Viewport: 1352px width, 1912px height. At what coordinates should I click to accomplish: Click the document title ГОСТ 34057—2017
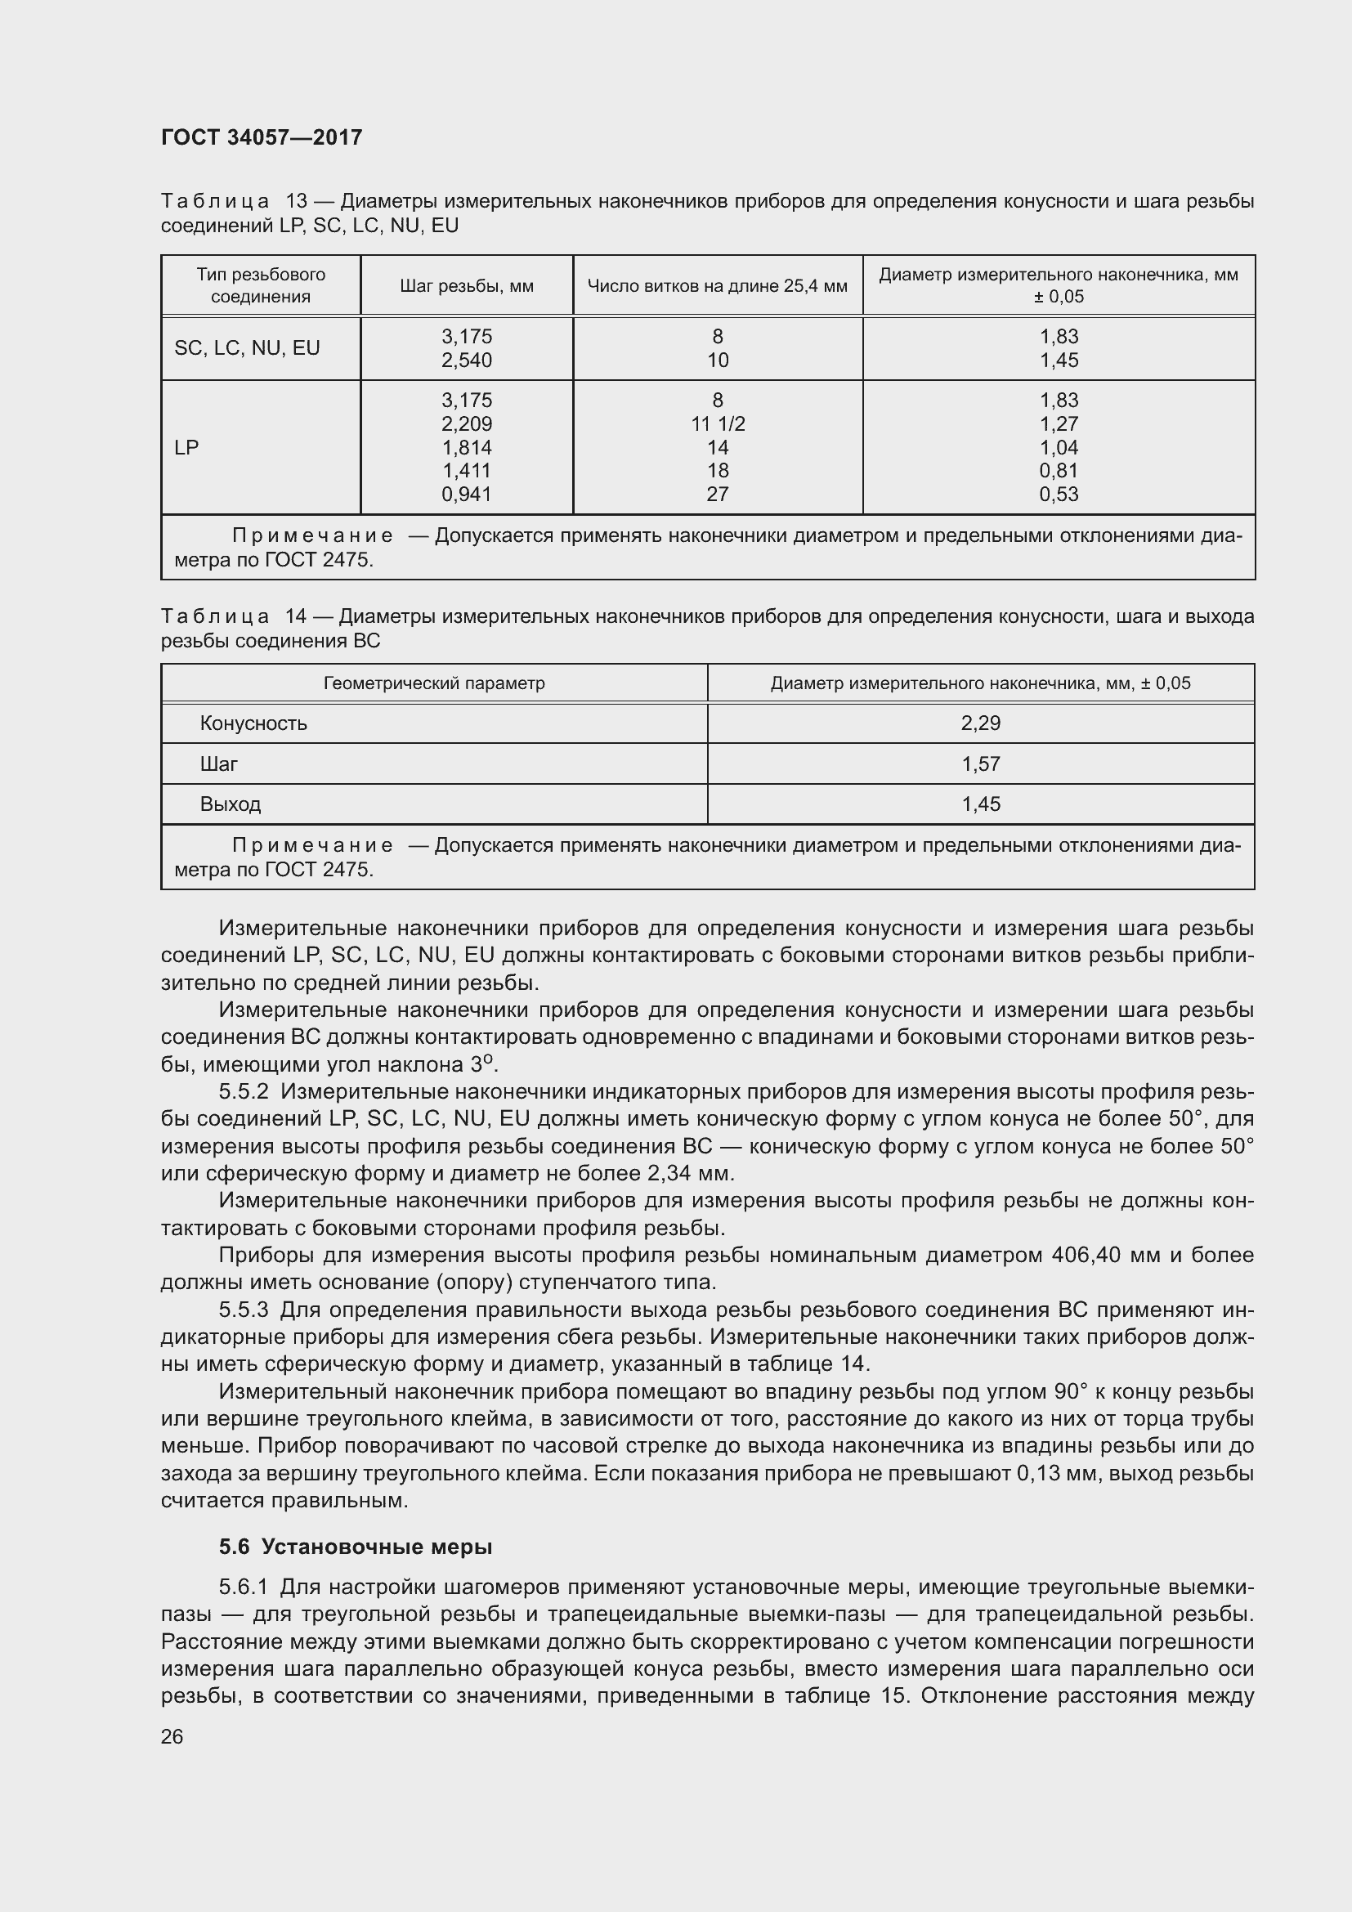point(262,137)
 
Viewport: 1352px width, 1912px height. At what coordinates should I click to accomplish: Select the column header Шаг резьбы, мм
point(466,286)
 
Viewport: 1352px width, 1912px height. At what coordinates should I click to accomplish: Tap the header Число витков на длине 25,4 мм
point(717,286)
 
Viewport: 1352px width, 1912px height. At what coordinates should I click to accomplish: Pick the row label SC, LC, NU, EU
point(246,348)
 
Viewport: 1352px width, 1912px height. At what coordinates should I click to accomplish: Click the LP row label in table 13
point(186,448)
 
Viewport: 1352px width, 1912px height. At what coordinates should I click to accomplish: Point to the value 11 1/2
point(718,424)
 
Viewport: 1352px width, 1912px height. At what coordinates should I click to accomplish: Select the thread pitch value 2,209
point(466,424)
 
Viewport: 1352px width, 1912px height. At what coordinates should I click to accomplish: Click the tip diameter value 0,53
point(1058,495)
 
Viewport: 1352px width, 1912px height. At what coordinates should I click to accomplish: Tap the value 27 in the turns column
point(718,495)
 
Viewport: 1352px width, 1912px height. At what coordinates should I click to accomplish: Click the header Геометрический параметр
point(434,683)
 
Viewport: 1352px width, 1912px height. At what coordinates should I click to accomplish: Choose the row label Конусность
point(253,723)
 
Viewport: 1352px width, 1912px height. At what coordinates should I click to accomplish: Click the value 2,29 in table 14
point(980,723)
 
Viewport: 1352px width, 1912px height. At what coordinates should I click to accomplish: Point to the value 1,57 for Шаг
point(980,764)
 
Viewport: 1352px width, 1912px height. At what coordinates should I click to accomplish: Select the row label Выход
point(231,804)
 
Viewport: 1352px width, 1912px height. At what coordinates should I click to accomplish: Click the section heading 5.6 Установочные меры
point(356,1547)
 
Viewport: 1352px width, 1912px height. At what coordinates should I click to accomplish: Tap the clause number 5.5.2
point(244,1092)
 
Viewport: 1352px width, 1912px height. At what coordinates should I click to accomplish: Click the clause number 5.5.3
point(244,1310)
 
